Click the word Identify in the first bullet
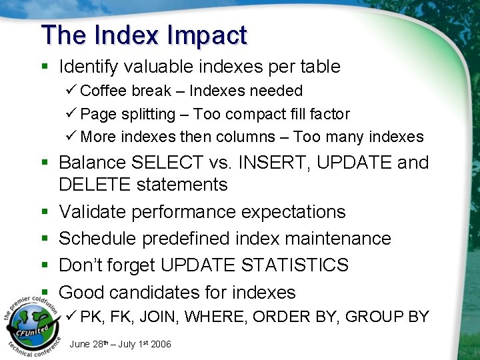pos(87,67)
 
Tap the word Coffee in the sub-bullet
pos(102,91)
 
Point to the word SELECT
pos(168,163)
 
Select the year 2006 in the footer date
pos(160,344)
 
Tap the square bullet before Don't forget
pos(43,266)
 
